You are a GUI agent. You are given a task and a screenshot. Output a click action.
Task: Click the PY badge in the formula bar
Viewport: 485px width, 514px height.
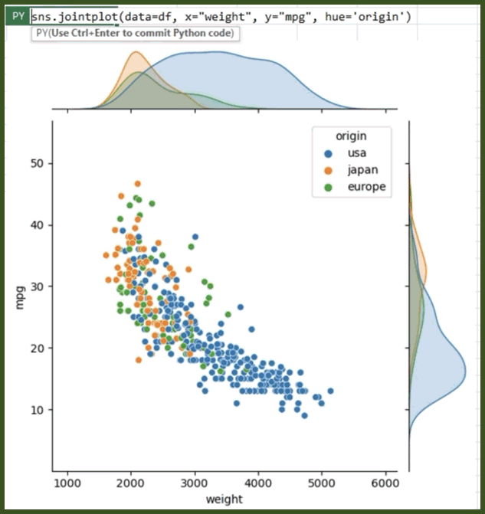(x=16, y=16)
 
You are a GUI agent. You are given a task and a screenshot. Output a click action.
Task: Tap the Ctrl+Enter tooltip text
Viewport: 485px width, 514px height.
(x=135, y=34)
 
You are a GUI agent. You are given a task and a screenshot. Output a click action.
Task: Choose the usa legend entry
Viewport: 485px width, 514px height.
(x=356, y=153)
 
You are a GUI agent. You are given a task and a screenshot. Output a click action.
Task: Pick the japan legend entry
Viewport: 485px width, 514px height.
(x=362, y=169)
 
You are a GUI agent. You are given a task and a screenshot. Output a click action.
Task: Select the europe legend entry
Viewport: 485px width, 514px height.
(x=366, y=186)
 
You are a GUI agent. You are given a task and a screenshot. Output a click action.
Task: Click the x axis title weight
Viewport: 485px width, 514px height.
(x=225, y=500)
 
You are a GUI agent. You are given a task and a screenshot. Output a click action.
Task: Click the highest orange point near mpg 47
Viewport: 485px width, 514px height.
(x=138, y=184)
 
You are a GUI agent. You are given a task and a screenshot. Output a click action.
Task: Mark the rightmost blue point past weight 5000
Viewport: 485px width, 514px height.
(x=330, y=391)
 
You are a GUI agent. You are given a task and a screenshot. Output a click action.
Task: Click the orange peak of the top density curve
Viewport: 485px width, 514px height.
(x=136, y=54)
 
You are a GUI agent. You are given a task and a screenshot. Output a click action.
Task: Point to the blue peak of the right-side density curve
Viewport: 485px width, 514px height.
(x=464, y=373)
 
